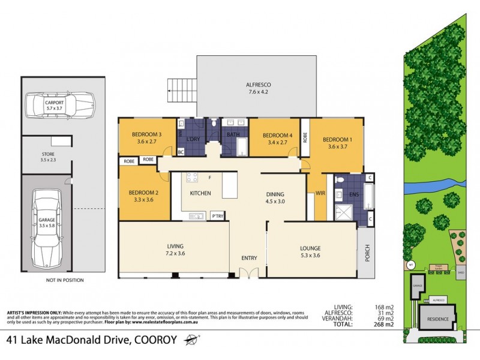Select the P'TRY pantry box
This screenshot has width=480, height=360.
coord(217,215)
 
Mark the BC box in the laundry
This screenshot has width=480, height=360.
coord(181,152)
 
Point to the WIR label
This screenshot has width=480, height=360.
coord(319,193)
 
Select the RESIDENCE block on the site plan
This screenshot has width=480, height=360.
coord(436,319)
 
